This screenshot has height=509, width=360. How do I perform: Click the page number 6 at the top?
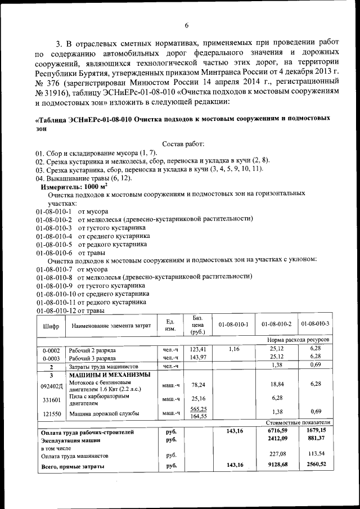(x=186, y=25)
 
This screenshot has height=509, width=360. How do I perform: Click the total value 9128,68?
(x=276, y=465)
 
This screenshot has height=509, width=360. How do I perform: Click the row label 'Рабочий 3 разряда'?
(x=92, y=358)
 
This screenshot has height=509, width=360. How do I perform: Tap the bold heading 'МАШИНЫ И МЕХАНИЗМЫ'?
(x=109, y=375)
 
